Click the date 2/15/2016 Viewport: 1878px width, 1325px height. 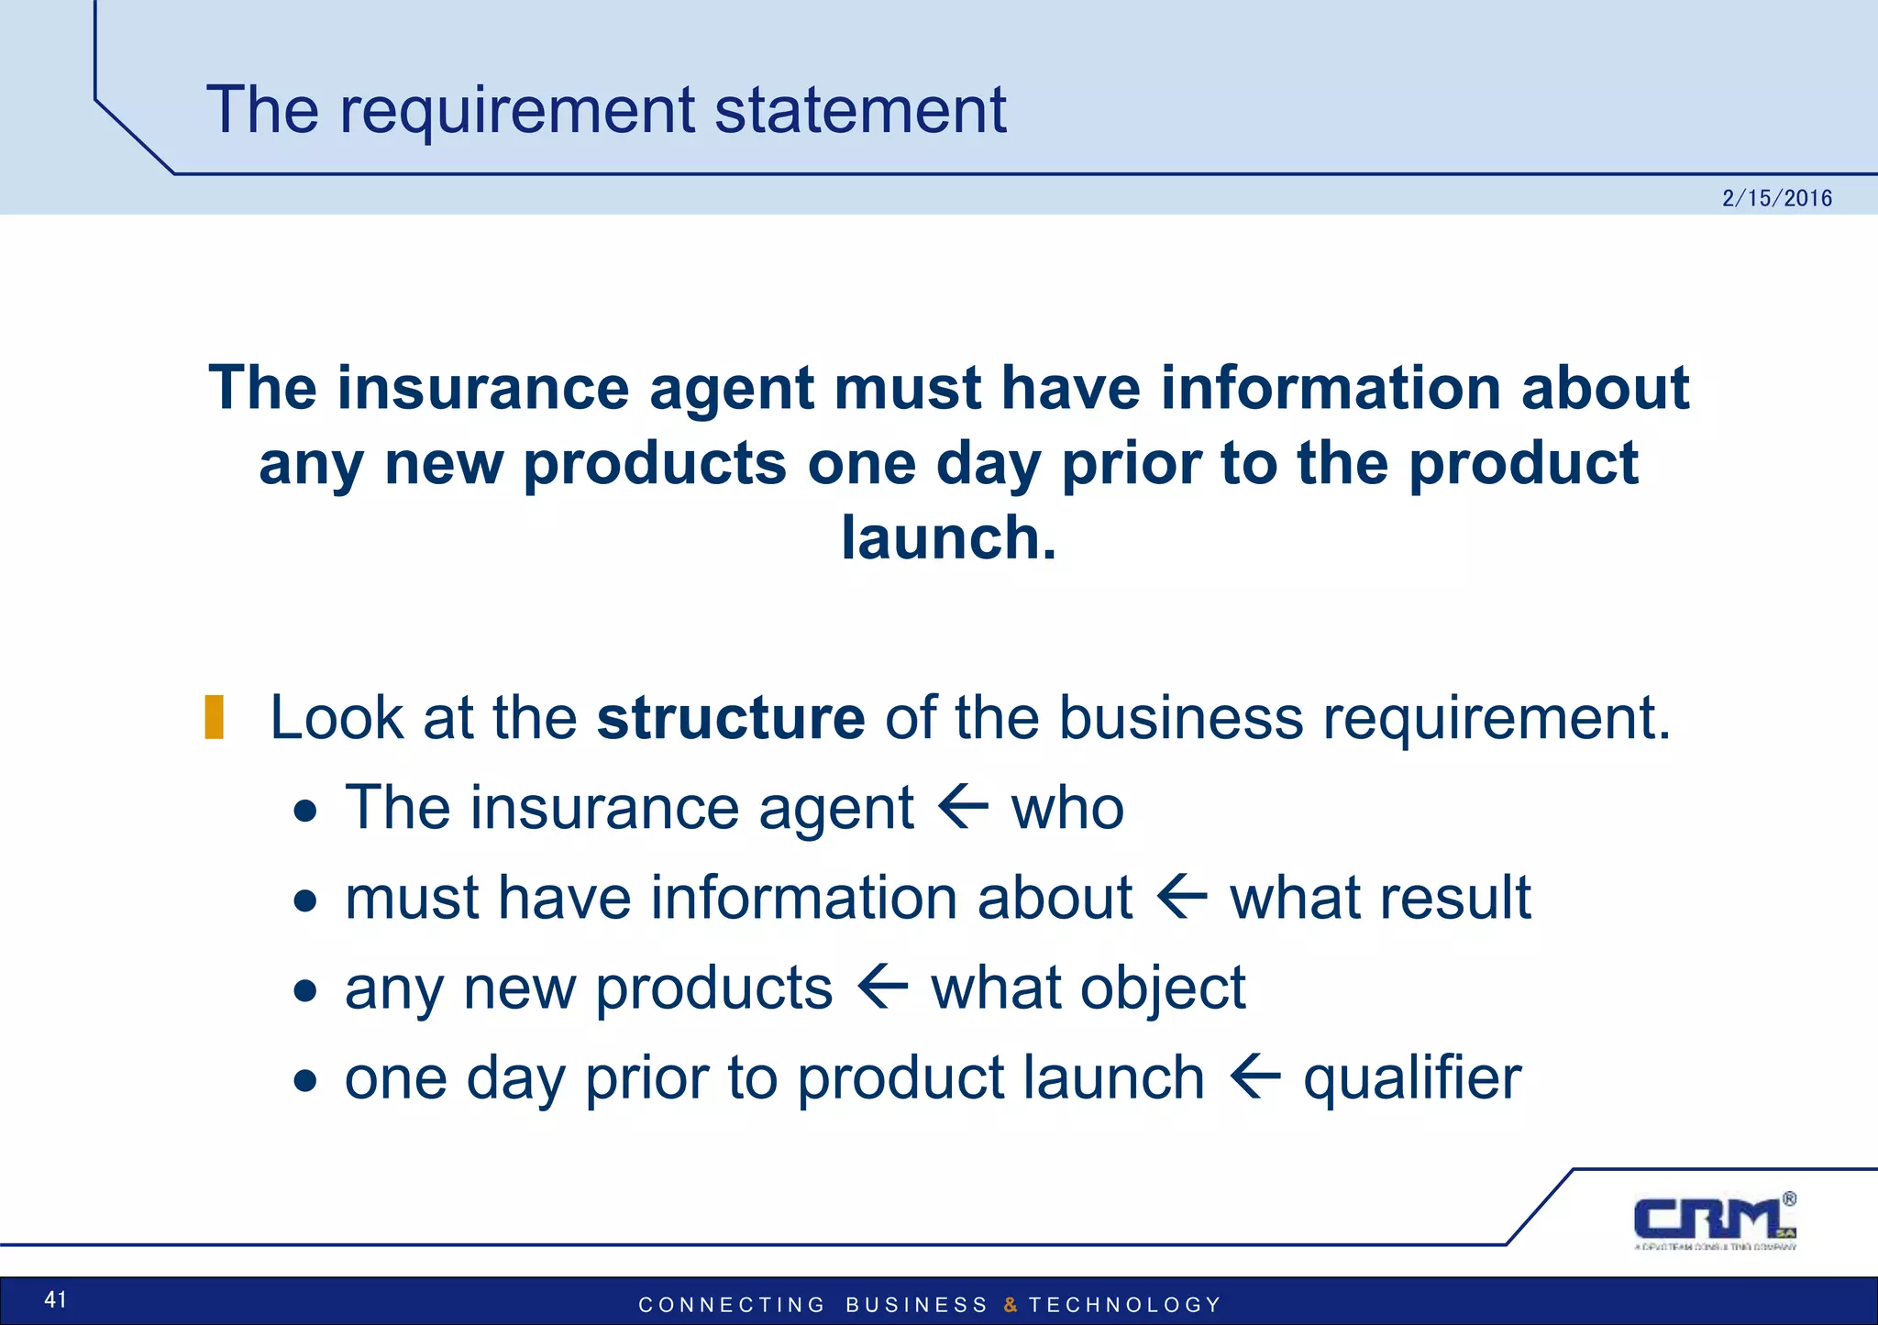coord(1776,198)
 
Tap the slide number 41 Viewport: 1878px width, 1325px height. coord(56,1298)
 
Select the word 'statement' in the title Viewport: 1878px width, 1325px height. coord(860,110)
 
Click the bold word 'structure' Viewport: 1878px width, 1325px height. coord(730,717)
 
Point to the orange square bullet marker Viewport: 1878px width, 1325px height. coord(215,717)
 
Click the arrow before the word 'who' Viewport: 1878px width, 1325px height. coord(963,808)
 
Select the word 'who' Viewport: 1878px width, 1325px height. coord(1067,809)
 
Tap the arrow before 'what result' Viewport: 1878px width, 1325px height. coord(1181,898)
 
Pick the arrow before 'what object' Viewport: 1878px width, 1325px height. coord(882,988)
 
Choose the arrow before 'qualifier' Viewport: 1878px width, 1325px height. coord(1254,1077)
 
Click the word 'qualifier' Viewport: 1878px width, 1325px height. coord(1412,1077)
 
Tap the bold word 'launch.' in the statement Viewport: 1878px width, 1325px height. coord(948,537)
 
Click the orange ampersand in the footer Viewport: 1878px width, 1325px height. coord(1010,1305)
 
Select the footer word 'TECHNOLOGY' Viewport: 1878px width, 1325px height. coord(1125,1305)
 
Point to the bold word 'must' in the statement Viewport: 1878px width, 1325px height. coord(907,388)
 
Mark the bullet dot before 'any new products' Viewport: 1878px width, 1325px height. coord(305,991)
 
